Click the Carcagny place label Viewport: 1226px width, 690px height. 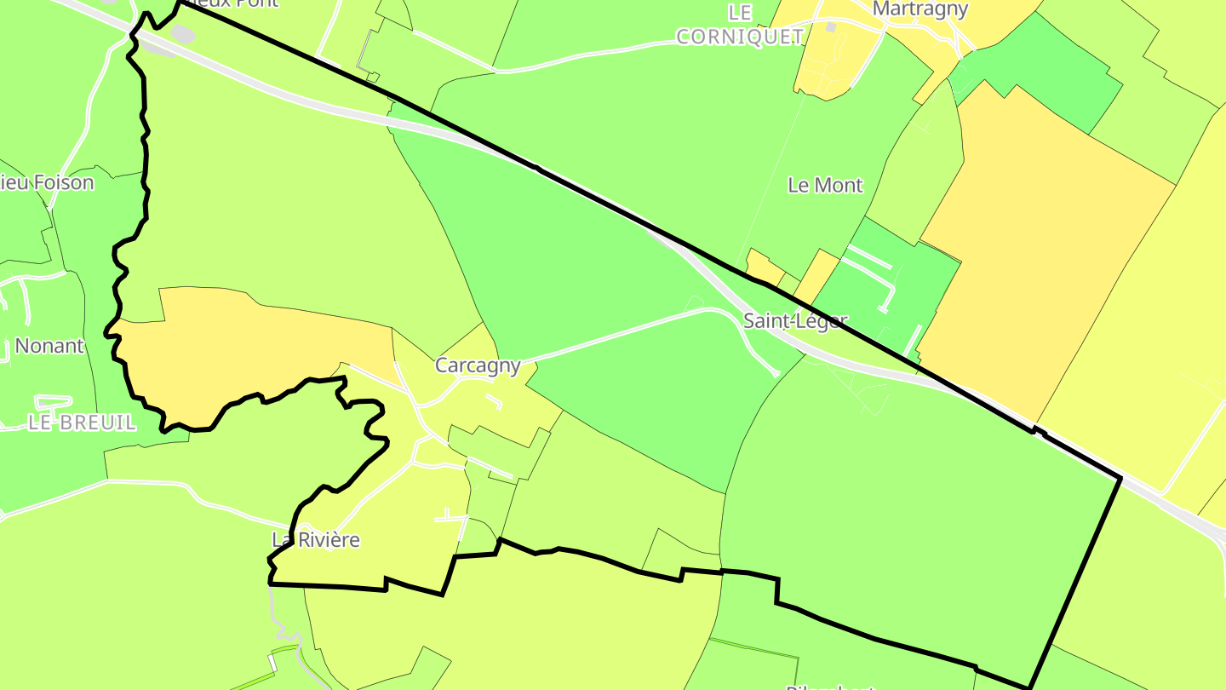[x=478, y=365]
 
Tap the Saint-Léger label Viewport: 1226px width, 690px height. [x=795, y=321]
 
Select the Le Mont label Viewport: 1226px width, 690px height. [x=825, y=185]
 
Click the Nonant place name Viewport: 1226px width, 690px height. [x=49, y=346]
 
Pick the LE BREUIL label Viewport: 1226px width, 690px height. [x=82, y=423]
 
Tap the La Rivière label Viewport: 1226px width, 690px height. [x=316, y=540]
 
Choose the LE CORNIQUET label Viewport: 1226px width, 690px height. [x=740, y=25]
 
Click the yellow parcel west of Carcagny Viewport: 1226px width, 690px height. [x=247, y=349]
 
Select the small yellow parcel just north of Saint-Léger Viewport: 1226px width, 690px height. [x=763, y=267]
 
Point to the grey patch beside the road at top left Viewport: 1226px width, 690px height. [x=181, y=34]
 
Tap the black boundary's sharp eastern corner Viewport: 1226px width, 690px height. [x=1120, y=479]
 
